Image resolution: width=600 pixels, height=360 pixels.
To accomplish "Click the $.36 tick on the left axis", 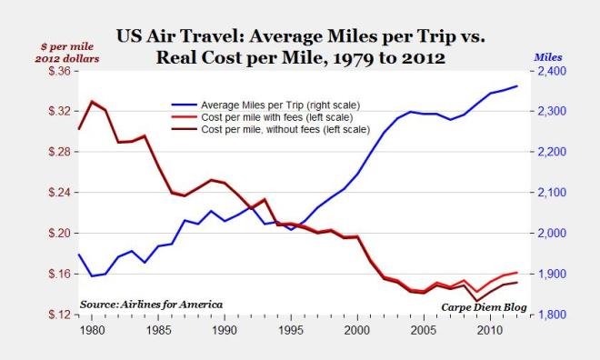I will [x=55, y=71].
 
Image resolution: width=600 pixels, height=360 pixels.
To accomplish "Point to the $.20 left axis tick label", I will [x=55, y=234].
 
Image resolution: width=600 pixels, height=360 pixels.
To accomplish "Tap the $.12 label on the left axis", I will [x=55, y=315].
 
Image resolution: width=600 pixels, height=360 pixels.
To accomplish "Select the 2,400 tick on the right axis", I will [x=552, y=71].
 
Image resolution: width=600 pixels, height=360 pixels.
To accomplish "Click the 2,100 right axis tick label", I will [x=552, y=193].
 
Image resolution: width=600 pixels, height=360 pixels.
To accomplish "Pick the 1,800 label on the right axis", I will [x=552, y=315].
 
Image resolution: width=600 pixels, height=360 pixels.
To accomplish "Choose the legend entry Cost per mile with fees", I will [x=264, y=116].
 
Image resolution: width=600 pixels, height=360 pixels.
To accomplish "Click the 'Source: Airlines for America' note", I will [x=151, y=304].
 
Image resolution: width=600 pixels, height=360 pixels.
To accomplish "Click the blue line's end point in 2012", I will [x=517, y=86].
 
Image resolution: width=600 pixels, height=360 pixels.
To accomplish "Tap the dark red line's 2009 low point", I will [x=477, y=301].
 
